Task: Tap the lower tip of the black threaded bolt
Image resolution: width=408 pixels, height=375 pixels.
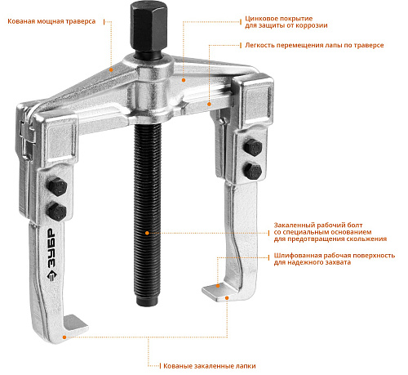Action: pyautogui.click(x=147, y=305)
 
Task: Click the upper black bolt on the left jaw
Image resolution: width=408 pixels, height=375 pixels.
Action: pyautogui.click(x=57, y=187)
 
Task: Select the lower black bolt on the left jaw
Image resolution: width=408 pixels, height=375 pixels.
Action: pyautogui.click(x=57, y=212)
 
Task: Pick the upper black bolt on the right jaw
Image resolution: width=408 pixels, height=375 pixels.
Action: pyautogui.click(x=253, y=147)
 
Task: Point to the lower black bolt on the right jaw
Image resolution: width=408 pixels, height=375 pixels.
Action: pyautogui.click(x=253, y=171)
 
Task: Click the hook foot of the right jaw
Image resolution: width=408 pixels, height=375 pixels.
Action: pyautogui.click(x=218, y=292)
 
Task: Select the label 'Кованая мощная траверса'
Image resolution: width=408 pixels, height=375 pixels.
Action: pyautogui.click(x=51, y=21)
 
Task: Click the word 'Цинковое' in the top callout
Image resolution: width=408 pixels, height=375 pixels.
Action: pyautogui.click(x=259, y=19)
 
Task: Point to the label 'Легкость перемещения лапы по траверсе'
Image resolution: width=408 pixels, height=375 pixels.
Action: pyautogui.click(x=314, y=45)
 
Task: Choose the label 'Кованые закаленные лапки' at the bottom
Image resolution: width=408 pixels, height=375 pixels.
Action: pyautogui.click(x=210, y=366)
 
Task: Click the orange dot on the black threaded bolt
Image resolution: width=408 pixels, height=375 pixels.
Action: pyautogui.click(x=147, y=233)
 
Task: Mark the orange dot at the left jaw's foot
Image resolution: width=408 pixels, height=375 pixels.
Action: pyautogui.click(x=64, y=337)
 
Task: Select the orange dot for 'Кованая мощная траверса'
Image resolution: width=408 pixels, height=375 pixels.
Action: pyautogui.click(x=111, y=69)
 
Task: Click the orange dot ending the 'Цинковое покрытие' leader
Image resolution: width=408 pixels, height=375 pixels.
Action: pyautogui.click(x=184, y=80)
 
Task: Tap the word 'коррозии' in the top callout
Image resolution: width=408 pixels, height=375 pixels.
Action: pyautogui.click(x=312, y=25)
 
